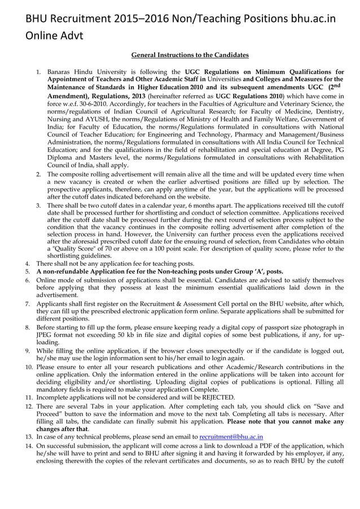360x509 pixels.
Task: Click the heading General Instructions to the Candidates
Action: [x=190, y=55]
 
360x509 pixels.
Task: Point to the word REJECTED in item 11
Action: [x=217, y=397]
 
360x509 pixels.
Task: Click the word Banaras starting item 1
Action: [x=60, y=72]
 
